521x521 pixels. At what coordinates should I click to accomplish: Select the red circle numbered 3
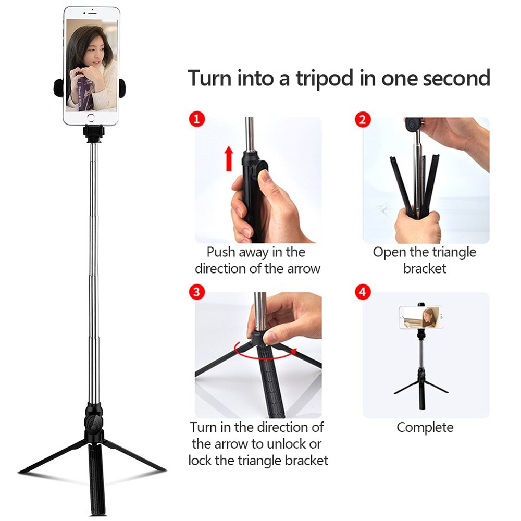click(196, 291)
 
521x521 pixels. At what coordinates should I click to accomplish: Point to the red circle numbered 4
click(363, 291)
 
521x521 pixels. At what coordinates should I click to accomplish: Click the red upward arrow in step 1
click(228, 158)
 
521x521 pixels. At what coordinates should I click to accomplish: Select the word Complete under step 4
click(425, 428)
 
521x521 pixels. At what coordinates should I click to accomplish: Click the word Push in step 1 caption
click(221, 252)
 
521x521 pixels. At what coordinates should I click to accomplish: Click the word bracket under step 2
click(425, 269)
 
